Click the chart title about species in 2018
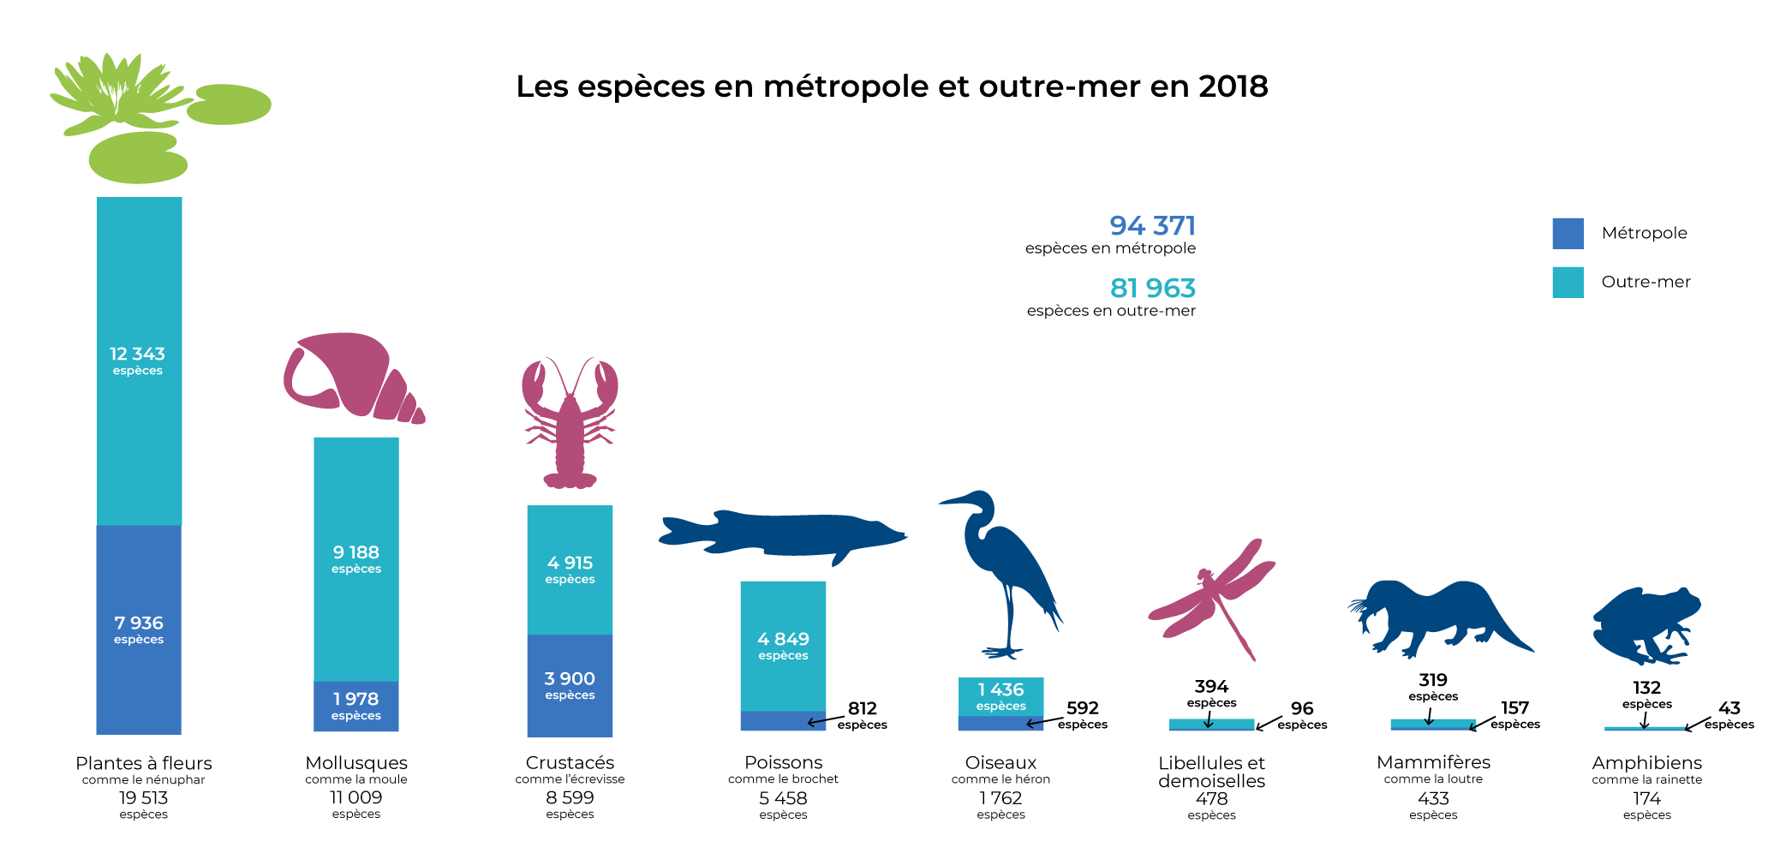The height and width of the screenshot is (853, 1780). tap(891, 86)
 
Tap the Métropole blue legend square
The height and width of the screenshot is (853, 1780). tap(1568, 233)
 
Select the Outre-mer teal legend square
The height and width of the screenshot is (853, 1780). tap(1568, 283)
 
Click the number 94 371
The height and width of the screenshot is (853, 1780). tap(1152, 225)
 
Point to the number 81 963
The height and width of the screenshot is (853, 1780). tap(1152, 288)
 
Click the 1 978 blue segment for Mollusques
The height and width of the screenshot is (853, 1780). tap(356, 706)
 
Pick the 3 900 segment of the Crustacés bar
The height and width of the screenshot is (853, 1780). tap(570, 685)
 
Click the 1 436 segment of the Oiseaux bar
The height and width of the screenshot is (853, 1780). tap(1001, 695)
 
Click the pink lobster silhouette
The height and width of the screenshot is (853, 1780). tap(570, 424)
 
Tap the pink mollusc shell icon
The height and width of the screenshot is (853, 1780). tap(351, 377)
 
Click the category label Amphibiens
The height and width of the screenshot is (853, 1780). tap(1646, 762)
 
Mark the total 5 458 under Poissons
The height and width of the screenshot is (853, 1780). tap(783, 798)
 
